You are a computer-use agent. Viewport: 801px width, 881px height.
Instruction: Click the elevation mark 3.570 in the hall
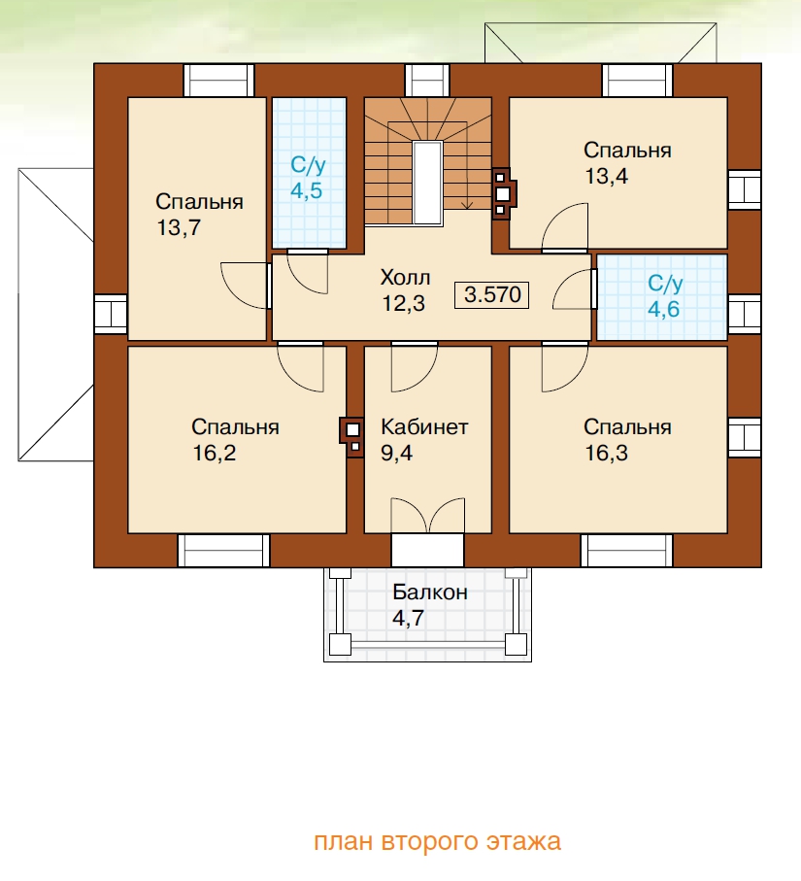491,295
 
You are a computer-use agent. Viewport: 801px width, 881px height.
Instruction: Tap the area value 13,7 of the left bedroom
179,228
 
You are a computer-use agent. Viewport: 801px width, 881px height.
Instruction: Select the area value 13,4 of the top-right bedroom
606,177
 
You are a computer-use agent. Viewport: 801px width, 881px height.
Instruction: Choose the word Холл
405,278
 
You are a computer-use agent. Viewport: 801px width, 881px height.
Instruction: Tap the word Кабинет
424,427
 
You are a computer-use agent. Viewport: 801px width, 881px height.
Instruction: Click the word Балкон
430,593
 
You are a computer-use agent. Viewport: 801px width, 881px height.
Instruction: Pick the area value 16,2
214,453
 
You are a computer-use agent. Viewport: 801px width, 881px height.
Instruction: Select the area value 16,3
606,453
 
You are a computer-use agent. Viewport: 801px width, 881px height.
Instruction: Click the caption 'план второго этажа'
437,842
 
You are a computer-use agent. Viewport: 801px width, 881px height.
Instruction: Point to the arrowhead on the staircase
467,205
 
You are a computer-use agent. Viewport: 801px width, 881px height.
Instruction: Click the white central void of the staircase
427,183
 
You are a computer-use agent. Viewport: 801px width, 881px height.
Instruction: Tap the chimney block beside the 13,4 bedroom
503,194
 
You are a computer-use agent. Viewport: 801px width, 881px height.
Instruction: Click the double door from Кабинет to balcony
427,515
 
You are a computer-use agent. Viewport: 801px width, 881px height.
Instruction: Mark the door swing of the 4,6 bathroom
573,288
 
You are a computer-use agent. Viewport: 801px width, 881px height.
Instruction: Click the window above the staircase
427,81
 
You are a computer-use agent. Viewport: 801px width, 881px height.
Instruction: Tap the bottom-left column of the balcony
340,644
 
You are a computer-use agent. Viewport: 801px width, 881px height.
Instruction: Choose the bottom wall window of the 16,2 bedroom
223,551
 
